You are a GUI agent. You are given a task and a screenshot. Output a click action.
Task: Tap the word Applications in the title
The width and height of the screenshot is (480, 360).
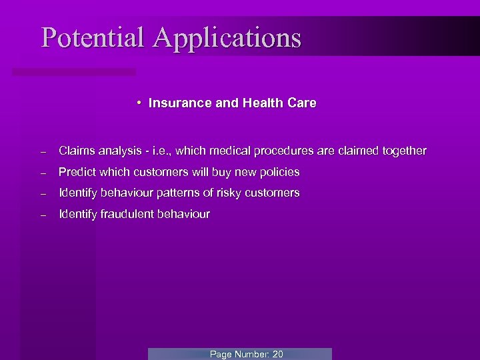[227, 38]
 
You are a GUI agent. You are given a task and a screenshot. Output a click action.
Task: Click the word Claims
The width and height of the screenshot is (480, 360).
[75, 151]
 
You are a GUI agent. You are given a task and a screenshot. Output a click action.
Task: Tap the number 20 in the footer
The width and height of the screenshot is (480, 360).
[277, 354]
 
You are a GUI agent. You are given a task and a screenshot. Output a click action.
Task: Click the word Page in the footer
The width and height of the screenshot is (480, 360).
[221, 354]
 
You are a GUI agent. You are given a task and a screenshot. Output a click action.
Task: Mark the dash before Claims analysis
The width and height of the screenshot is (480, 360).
[42, 151]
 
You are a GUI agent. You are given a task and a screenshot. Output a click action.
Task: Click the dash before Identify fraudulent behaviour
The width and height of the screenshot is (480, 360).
[42, 215]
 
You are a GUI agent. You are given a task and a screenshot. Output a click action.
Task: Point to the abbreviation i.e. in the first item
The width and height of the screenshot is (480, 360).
[169, 151]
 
